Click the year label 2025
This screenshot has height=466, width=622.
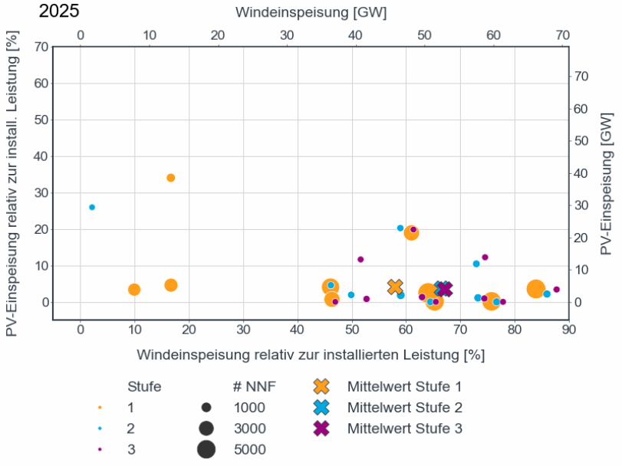click(58, 11)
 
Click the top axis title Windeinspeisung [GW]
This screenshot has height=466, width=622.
click(311, 12)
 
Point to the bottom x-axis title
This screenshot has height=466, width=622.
click(311, 355)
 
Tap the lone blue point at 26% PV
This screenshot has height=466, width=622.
click(92, 207)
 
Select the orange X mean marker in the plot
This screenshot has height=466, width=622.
click(395, 287)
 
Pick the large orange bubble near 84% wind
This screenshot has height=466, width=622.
click(536, 289)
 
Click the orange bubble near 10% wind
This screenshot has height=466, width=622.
click(134, 290)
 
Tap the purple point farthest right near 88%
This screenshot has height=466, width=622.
click(557, 290)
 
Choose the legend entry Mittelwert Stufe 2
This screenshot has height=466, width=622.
click(404, 407)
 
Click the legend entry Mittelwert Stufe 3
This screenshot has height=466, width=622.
click(404, 428)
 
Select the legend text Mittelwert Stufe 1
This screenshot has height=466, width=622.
click(404, 386)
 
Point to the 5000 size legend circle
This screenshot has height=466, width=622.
click(206, 450)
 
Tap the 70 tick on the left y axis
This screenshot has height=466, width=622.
click(40, 47)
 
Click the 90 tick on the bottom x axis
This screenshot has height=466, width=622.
click(568, 330)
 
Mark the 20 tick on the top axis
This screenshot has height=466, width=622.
click(218, 35)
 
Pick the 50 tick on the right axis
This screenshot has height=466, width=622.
click(581, 141)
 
